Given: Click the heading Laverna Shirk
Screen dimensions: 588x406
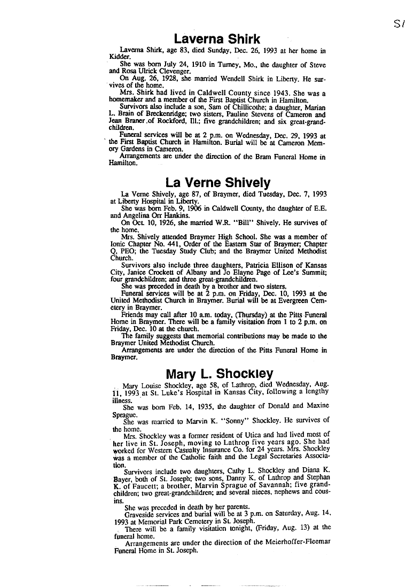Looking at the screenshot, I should (217, 39).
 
